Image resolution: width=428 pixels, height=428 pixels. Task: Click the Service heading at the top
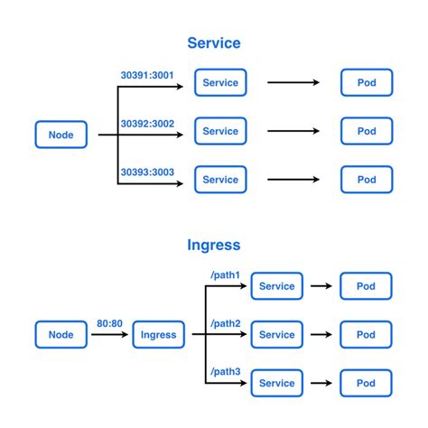point(214,42)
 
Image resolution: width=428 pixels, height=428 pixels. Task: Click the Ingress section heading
point(214,245)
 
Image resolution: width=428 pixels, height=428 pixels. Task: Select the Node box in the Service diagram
point(61,135)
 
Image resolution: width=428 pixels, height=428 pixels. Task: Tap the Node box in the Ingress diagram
point(61,334)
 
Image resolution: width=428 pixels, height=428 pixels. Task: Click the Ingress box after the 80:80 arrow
point(160,334)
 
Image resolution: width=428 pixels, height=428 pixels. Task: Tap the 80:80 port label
point(109,322)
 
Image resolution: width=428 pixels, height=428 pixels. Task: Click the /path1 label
point(224,274)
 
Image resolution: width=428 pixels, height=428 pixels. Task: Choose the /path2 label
point(224,322)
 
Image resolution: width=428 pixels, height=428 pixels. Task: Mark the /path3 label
point(224,371)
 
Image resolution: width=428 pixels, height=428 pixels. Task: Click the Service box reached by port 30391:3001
point(220,82)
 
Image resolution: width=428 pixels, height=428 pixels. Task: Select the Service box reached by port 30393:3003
point(220,180)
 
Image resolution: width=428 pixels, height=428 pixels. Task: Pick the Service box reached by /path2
point(276,334)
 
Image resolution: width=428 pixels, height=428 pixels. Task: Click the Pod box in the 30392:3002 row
point(367,131)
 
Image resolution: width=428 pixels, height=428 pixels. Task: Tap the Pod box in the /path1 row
point(366,286)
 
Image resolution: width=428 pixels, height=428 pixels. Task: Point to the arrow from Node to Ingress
point(109,335)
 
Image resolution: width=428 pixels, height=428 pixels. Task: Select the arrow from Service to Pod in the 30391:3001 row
point(293,82)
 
